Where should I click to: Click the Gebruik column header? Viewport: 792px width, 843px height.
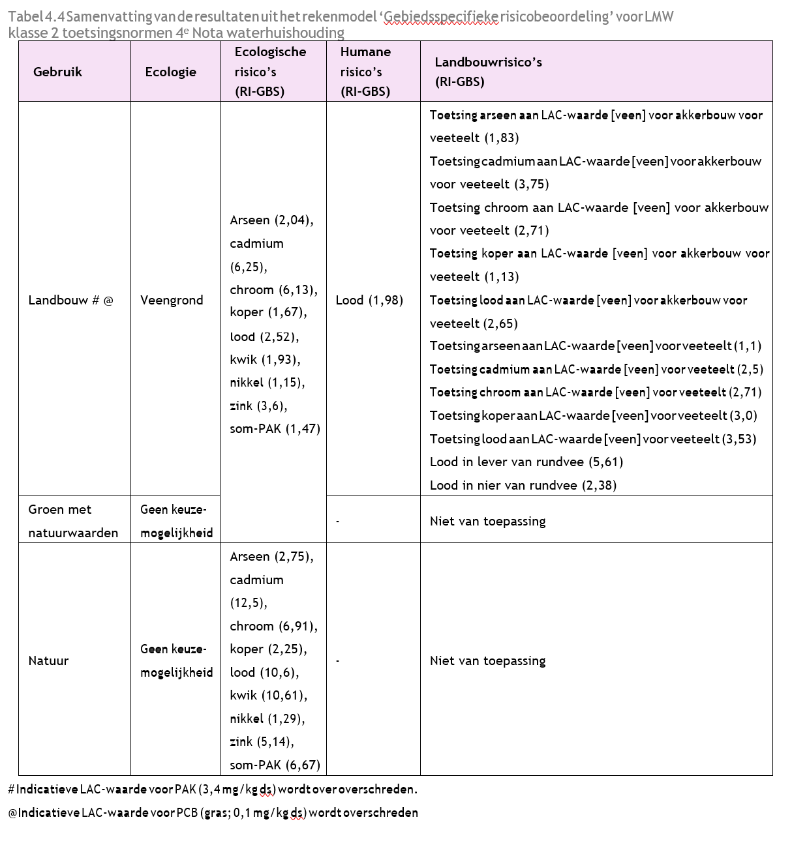57,72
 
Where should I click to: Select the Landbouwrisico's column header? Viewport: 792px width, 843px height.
488,72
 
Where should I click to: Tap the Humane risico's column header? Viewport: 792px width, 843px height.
365,72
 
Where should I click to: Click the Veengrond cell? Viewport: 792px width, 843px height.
172,300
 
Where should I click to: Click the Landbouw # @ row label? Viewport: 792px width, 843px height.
70,300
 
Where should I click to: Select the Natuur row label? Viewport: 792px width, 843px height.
48,660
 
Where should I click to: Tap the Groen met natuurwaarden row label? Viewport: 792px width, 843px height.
73,520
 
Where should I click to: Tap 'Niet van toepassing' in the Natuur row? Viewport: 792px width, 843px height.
487,660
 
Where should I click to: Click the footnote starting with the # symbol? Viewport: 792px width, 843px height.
213,789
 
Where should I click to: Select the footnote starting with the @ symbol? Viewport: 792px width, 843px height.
213,812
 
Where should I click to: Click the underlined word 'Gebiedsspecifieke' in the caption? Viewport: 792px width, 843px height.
442,16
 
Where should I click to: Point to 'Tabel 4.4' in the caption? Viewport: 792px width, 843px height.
36,16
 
